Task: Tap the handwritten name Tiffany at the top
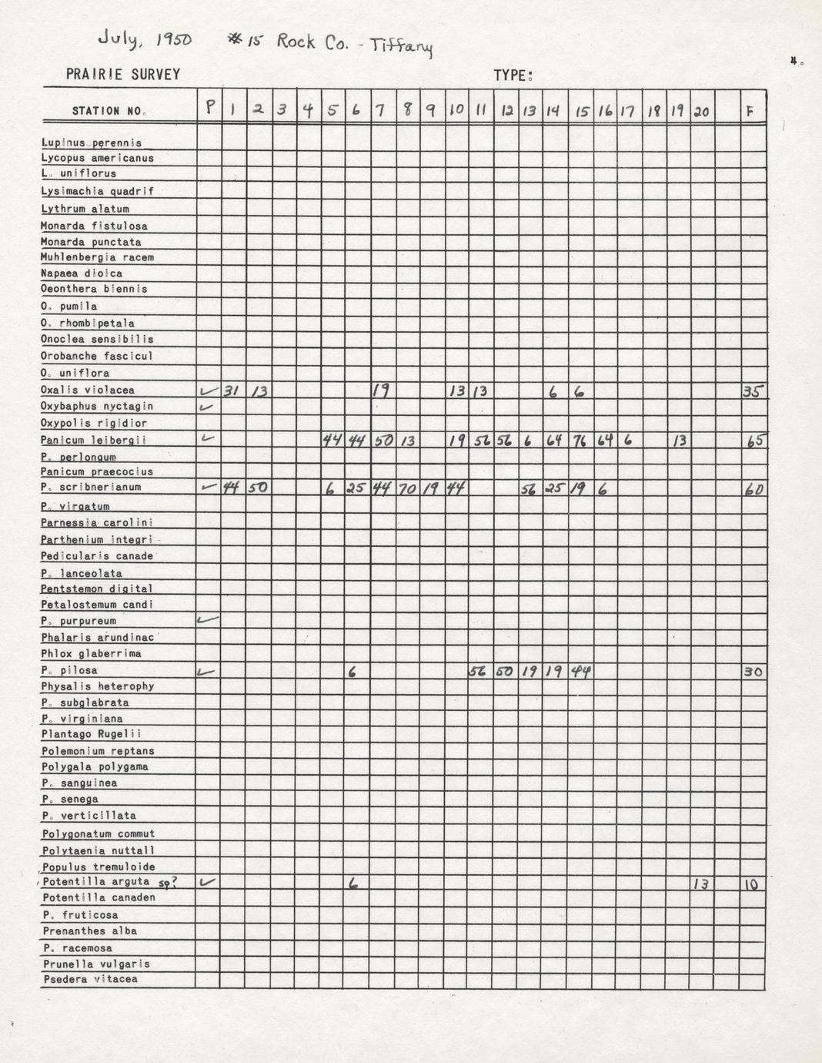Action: coord(402,46)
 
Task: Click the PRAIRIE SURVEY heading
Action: coord(123,75)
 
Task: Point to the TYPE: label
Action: coord(513,75)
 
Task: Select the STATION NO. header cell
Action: coord(109,111)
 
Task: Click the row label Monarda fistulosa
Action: coord(94,226)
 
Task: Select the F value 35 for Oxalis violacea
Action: coord(753,391)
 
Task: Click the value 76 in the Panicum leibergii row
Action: coord(580,441)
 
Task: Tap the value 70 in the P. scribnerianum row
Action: coord(407,488)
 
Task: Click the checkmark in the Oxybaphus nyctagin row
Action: coord(205,406)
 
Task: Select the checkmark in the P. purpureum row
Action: coord(208,619)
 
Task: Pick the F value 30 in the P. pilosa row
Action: coord(753,672)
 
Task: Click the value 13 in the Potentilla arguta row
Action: coord(700,884)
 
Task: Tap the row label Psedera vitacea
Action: coord(90,980)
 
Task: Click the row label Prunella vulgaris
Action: coord(96,964)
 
